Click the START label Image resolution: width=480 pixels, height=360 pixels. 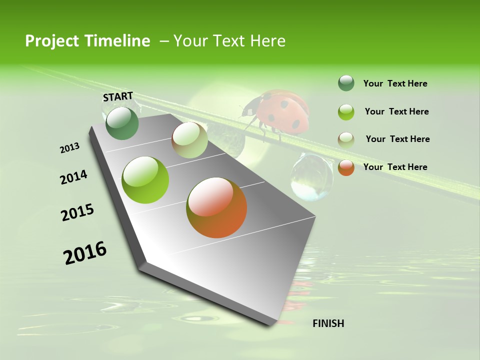pos(118,96)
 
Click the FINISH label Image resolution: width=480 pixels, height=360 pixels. pos(328,323)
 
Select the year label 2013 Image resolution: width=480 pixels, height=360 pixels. pos(70,148)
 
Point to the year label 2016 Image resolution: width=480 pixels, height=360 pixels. pos(85,253)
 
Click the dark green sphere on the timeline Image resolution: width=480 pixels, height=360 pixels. pos(122,123)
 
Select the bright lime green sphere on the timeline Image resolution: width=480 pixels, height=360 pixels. pos(145,180)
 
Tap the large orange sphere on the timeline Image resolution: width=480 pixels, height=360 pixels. pos(216,207)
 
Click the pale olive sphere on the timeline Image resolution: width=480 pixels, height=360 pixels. pos(189,140)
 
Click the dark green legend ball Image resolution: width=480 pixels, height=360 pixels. pos(346,83)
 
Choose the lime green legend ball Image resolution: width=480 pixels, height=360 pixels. pos(346,112)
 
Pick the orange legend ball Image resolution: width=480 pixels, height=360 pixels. pos(346,167)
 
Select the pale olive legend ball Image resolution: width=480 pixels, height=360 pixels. pos(346,140)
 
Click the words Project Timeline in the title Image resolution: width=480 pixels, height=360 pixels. pos(87,41)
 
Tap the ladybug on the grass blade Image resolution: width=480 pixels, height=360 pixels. pos(276,112)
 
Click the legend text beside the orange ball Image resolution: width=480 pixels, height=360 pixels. pos(395,167)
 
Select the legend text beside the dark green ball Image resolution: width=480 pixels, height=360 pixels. pos(395,83)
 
